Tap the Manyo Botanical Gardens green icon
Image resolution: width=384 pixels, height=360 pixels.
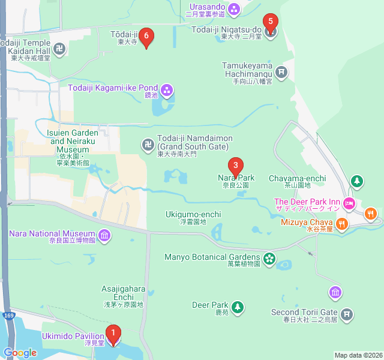[x=269, y=258]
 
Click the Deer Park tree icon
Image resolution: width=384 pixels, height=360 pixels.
[x=238, y=308]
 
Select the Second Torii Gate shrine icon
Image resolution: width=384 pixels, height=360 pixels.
[x=346, y=313]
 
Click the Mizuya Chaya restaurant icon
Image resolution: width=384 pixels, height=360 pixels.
[x=341, y=224]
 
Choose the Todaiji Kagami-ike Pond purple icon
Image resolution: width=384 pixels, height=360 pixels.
[x=166, y=91]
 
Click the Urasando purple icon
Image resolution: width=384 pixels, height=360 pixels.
[x=234, y=8]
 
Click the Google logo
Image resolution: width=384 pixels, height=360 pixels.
[x=20, y=353]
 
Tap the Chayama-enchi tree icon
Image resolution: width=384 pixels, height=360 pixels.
[x=357, y=181]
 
